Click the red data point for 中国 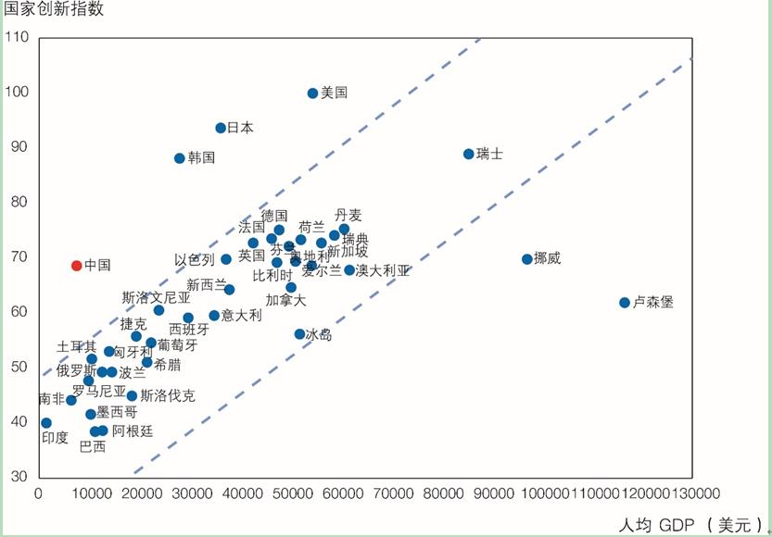(77, 266)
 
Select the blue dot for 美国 (312, 94)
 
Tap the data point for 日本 (221, 128)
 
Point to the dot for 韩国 (180, 158)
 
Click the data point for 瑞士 (468, 154)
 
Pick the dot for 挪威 (526, 259)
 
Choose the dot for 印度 (46, 423)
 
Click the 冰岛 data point (299, 334)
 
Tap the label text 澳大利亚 (383, 271)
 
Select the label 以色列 (195, 260)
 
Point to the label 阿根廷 (133, 431)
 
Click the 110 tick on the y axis (18, 38)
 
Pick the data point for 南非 (70, 400)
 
